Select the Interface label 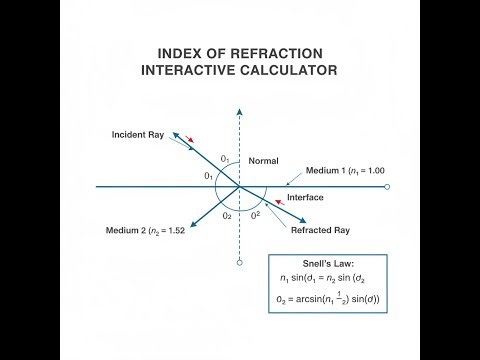click(305, 198)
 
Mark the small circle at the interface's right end click(387, 186)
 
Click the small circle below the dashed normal click(239, 263)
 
